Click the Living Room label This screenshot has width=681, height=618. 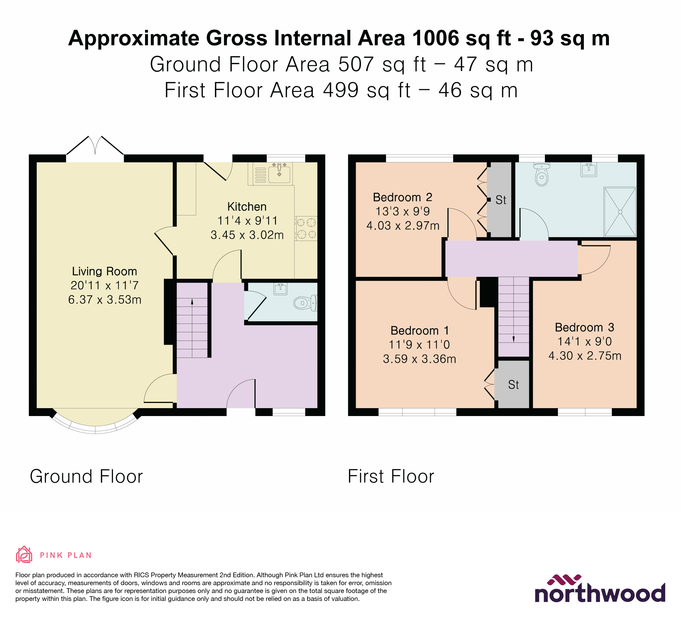[104, 271]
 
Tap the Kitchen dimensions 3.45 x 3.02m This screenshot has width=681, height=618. [247, 235]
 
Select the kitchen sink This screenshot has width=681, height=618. [279, 173]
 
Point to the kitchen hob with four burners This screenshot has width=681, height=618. [306, 228]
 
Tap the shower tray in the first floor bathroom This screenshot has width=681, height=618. [620, 212]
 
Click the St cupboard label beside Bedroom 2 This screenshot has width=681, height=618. [501, 200]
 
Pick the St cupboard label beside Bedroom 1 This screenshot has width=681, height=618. [513, 384]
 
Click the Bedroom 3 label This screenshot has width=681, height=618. [584, 327]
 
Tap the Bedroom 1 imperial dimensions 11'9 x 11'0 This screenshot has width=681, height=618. [419, 345]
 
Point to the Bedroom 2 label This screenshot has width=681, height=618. [402, 197]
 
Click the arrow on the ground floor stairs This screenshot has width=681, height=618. [192, 302]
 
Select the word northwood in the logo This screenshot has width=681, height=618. [600, 593]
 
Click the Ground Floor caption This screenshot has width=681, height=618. [86, 476]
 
